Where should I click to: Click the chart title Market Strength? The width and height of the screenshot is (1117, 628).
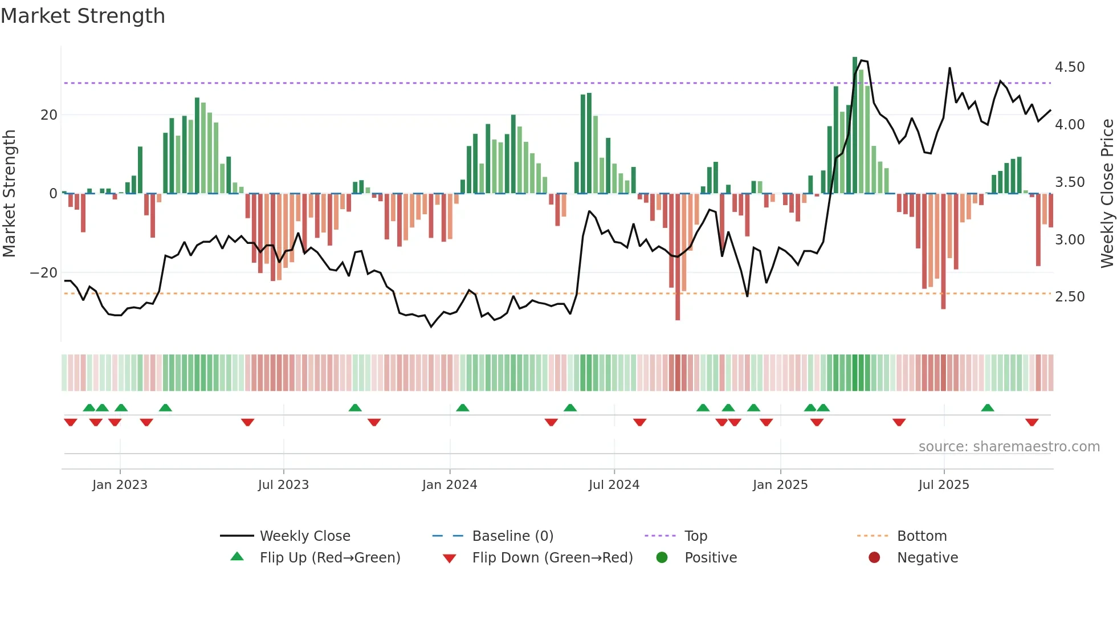(x=83, y=16)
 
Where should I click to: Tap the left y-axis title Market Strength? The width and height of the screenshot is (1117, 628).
(x=9, y=193)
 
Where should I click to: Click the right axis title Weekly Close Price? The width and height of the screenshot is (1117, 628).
(x=1107, y=193)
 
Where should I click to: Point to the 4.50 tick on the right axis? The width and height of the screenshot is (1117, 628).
(x=1069, y=67)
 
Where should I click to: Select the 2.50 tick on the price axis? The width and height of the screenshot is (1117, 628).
(x=1069, y=297)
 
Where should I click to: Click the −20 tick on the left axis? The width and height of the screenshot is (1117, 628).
(x=44, y=273)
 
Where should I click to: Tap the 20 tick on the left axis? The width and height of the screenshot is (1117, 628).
(x=49, y=115)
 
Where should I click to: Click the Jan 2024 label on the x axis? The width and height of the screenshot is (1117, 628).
(x=450, y=485)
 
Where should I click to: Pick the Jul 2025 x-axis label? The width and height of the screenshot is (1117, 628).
(x=944, y=485)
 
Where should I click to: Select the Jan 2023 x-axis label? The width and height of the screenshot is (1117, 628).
(x=120, y=485)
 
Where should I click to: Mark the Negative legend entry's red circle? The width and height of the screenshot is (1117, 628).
(x=874, y=558)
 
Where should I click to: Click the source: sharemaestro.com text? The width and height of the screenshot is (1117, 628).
(x=1009, y=447)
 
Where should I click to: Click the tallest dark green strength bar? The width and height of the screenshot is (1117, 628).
(x=855, y=125)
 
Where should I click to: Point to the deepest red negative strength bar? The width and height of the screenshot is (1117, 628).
(x=678, y=256)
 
